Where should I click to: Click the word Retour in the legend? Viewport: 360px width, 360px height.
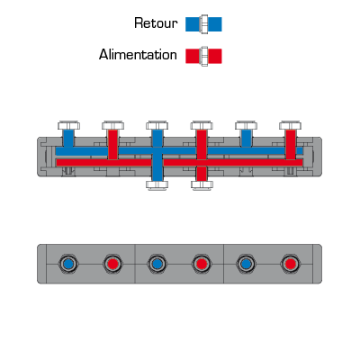(x=156, y=23)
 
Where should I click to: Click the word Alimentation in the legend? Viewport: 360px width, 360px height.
(x=138, y=55)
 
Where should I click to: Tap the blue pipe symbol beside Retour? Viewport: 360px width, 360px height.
(x=203, y=24)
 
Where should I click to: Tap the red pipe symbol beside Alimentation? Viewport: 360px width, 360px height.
(x=203, y=56)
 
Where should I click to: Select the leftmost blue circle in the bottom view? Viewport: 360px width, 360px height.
(x=68, y=264)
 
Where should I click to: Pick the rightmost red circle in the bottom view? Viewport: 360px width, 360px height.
(x=290, y=264)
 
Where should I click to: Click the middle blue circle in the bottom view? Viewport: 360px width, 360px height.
(x=157, y=264)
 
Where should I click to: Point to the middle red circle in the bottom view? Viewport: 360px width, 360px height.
(x=202, y=264)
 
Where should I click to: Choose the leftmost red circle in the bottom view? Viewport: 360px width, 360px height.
(x=112, y=264)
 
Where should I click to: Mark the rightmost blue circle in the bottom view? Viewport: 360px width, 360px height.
(x=246, y=264)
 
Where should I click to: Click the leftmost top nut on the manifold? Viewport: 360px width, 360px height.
(x=68, y=125)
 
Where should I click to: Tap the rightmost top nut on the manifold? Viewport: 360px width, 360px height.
(x=290, y=125)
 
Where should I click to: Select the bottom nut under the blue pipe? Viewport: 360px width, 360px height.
(x=157, y=184)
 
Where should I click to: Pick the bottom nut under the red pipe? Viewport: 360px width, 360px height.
(x=202, y=184)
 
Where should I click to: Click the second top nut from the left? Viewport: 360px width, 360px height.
(x=112, y=125)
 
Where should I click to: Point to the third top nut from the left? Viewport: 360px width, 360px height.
(x=157, y=125)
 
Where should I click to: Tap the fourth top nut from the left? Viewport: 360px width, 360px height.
(x=202, y=125)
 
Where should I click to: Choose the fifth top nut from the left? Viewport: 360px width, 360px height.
(x=246, y=125)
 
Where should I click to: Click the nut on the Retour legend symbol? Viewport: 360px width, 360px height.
(x=204, y=24)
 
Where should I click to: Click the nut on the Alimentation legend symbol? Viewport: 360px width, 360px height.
(x=204, y=56)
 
